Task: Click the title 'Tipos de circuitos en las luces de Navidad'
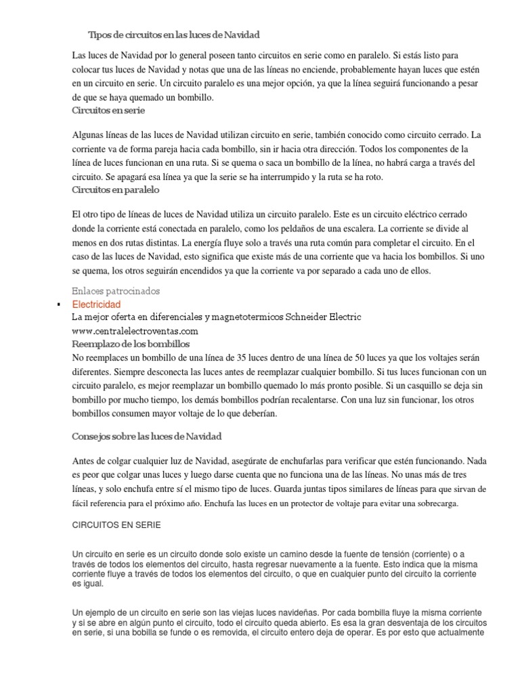tap(174, 34)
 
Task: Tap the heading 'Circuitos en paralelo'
tap(115, 191)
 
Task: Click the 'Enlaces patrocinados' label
tap(116, 291)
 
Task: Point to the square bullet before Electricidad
tap(59, 305)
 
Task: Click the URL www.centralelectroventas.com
tap(135, 331)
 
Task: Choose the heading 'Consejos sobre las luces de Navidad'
tap(147, 436)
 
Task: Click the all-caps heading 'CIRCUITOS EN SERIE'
tap(116, 525)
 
